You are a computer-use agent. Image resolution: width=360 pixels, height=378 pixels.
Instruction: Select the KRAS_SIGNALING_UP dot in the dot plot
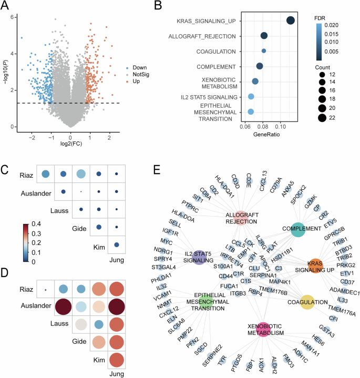291,20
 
